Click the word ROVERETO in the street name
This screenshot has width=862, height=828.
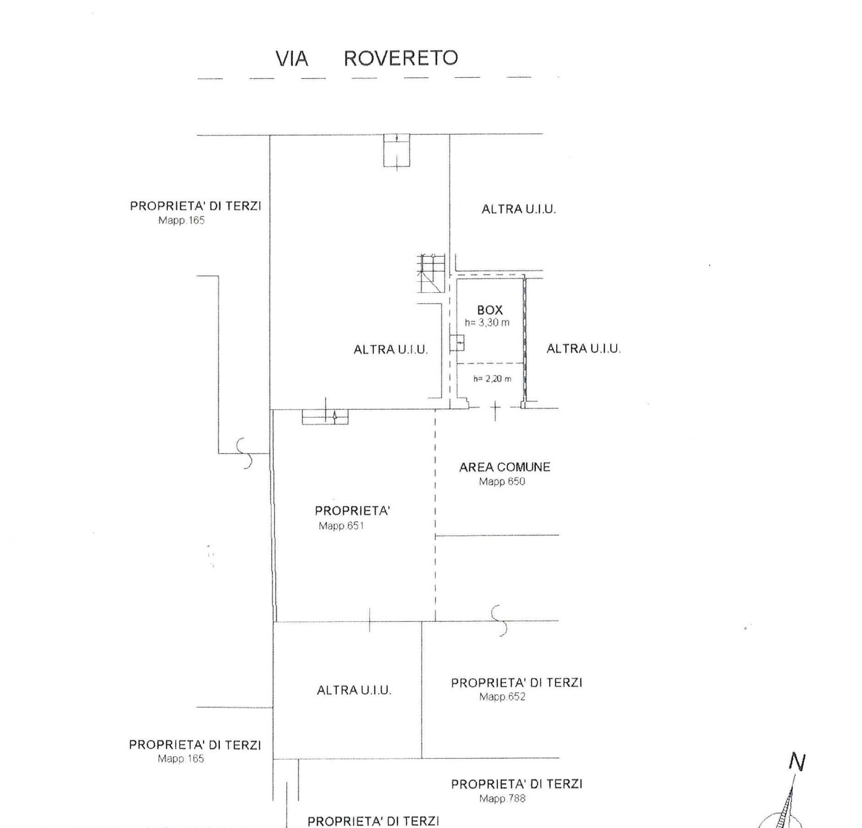point(400,58)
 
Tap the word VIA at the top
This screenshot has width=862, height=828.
point(291,59)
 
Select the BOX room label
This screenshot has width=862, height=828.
point(489,310)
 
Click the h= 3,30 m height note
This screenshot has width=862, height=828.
point(487,322)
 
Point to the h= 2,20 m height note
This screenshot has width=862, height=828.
point(492,379)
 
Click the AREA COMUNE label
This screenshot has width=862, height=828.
point(505,467)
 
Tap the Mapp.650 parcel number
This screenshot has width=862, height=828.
point(502,481)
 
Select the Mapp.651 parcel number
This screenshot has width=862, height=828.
point(341,526)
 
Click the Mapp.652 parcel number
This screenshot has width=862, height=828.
point(502,697)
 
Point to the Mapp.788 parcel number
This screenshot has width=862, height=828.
point(502,799)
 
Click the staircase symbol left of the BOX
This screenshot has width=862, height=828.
point(431,274)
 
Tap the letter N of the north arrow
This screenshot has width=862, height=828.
point(797,762)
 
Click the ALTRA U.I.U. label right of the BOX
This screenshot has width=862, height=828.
point(584,349)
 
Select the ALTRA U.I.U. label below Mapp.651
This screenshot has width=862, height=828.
point(354,690)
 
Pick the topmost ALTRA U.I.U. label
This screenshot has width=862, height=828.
point(518,209)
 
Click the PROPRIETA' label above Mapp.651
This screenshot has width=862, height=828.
point(352,511)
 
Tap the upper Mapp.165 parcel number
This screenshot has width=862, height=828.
point(181,220)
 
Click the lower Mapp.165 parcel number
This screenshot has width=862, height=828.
point(181,759)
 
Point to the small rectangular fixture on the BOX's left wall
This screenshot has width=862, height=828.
point(457,343)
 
